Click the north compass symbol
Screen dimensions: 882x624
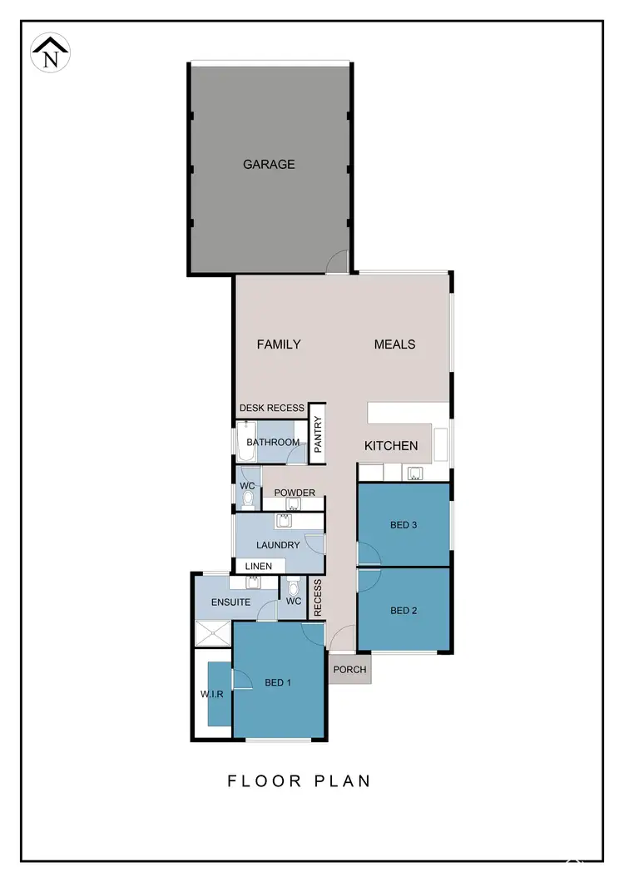coord(51,52)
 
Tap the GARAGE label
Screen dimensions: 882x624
coord(269,165)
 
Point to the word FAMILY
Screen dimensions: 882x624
coord(279,344)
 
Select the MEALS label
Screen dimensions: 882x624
coord(394,344)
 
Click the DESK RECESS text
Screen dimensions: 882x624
coord(272,409)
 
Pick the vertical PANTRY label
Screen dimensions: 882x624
coord(318,434)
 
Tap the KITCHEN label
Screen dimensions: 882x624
coord(391,446)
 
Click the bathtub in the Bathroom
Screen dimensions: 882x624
coord(245,443)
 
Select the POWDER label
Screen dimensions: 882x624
coord(295,493)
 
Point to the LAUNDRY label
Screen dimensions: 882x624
coord(278,545)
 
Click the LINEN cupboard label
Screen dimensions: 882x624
coord(258,567)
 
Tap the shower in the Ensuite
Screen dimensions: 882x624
coord(213,635)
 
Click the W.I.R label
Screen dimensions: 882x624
coord(211,694)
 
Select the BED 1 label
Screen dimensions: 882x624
coord(278,682)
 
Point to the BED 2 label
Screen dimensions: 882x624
coord(403,610)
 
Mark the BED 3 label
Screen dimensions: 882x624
coord(403,525)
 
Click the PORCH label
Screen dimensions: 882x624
coord(349,670)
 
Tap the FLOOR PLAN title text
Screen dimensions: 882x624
coord(300,781)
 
